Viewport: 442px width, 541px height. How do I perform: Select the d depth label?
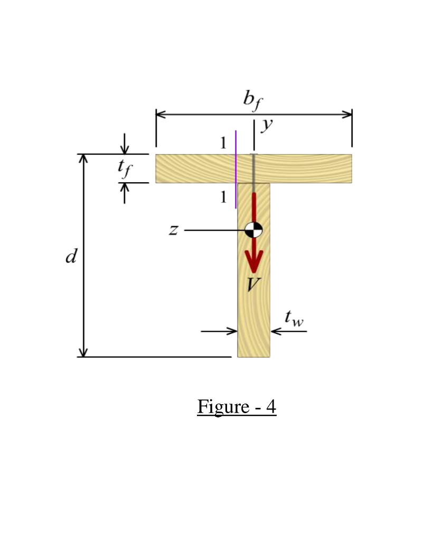tap(70, 257)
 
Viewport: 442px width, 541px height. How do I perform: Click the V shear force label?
tap(254, 284)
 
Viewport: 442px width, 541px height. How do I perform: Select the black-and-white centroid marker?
tap(254, 230)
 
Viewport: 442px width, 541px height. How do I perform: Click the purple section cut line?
tap(236, 169)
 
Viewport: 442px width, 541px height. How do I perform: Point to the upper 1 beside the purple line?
tap(223, 143)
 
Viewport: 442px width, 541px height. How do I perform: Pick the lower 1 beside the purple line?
tap(223, 197)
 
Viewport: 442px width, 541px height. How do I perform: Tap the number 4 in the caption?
tap(270, 407)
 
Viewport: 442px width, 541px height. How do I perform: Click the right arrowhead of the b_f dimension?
tap(347, 114)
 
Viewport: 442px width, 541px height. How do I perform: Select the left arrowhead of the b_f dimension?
tap(161, 114)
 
